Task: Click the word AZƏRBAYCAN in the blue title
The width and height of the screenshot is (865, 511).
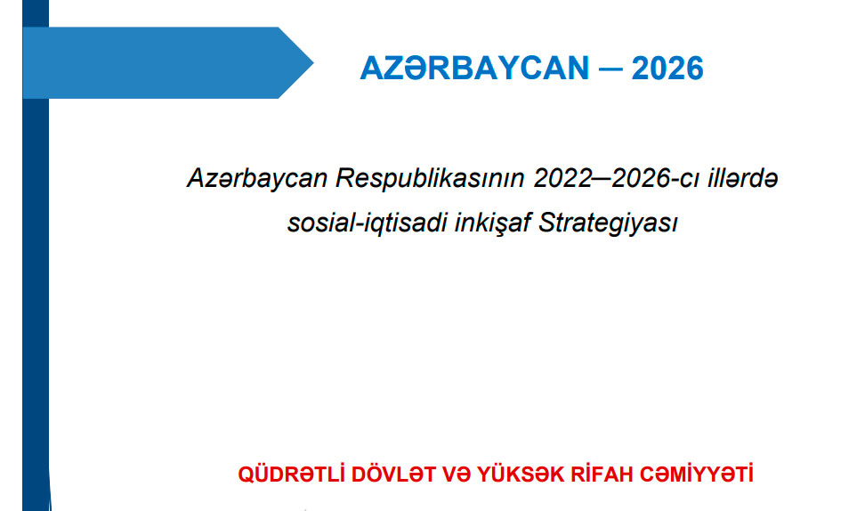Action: [475, 69]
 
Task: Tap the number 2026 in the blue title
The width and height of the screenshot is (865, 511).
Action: [667, 69]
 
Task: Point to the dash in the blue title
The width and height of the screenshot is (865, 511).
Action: [610, 69]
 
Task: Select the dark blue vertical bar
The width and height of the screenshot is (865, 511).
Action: [36, 255]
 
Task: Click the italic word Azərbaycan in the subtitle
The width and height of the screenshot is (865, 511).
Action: [257, 179]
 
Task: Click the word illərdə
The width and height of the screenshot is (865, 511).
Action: [744, 179]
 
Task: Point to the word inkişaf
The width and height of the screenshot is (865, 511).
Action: [493, 223]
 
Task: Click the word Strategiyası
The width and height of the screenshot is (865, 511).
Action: [608, 223]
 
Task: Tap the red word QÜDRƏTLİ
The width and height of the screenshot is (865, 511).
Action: [291, 474]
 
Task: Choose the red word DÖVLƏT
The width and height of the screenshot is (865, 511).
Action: [393, 474]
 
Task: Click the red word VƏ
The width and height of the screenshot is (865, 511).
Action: [457, 474]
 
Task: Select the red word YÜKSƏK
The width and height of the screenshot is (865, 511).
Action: [521, 474]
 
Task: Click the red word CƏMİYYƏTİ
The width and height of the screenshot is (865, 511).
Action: [696, 474]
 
